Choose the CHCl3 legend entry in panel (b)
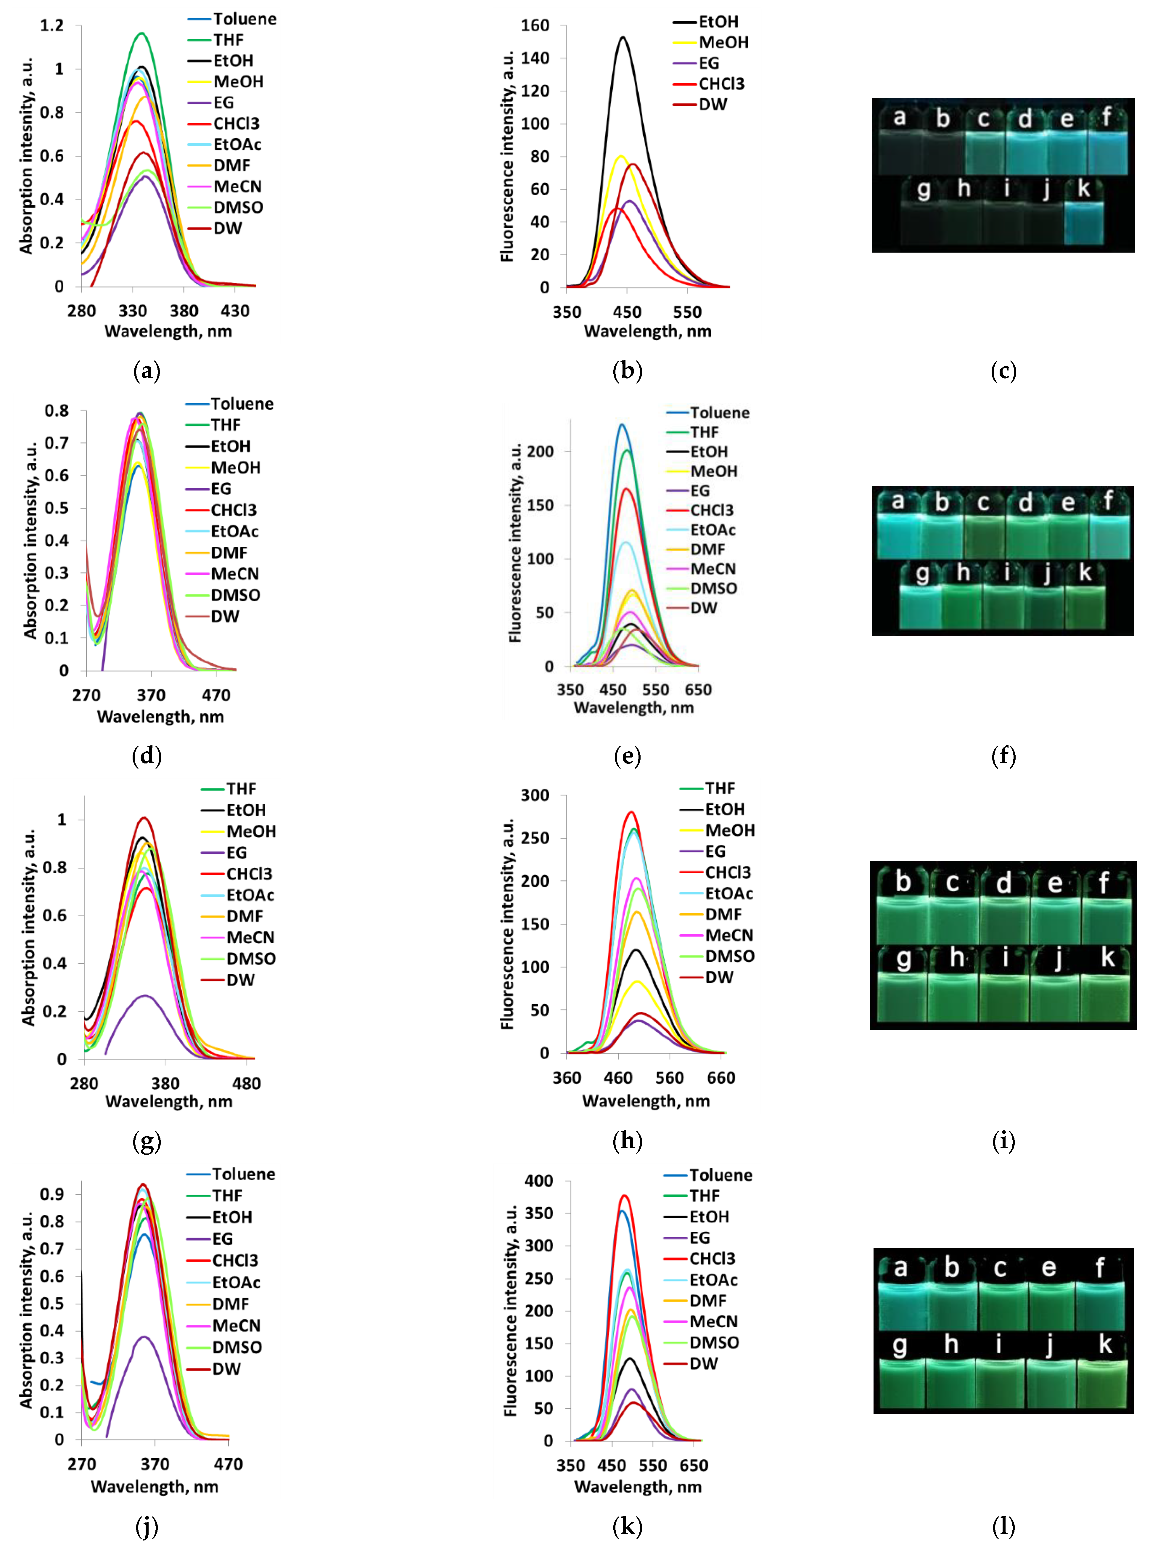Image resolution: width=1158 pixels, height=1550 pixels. point(721,84)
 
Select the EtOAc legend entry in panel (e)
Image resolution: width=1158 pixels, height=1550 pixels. point(713,530)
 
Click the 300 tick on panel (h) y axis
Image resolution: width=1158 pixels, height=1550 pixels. point(535,795)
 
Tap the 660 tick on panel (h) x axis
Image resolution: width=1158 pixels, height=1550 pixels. point(721,1078)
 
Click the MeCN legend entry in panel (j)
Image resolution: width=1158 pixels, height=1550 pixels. point(236,1325)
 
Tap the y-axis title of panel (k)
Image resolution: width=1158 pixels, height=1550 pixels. point(510,1310)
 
